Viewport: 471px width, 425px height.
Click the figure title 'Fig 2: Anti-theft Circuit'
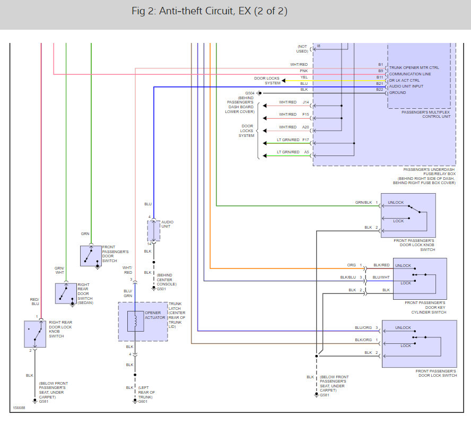[x=209, y=11]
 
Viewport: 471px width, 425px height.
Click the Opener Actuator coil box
[x=135, y=321]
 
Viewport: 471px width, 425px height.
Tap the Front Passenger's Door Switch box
[x=91, y=255]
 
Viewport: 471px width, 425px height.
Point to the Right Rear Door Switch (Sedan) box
[x=66, y=293]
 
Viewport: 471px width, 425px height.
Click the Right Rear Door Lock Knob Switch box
[x=35, y=334]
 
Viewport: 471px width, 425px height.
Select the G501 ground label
[x=161, y=289]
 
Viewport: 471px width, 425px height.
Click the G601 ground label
[x=142, y=401]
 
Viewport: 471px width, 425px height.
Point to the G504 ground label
[x=250, y=93]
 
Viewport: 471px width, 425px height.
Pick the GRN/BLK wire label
[x=363, y=203]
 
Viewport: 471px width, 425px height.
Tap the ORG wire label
[x=352, y=265]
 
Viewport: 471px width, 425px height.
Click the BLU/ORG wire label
[x=363, y=328]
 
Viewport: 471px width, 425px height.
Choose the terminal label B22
[x=380, y=90]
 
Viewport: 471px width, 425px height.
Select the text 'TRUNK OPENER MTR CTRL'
[x=414, y=68]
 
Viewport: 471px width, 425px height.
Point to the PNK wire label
[x=303, y=71]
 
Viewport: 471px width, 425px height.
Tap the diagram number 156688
[x=19, y=409]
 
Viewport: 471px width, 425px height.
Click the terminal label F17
[x=306, y=140]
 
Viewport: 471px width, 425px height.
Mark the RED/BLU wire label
[x=35, y=302]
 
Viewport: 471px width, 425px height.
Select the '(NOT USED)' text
[x=302, y=49]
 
